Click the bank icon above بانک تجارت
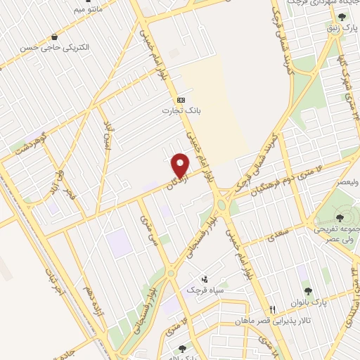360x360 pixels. [181, 100]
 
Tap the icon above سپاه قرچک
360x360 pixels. [205, 279]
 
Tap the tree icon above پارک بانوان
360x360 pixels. [307, 290]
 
